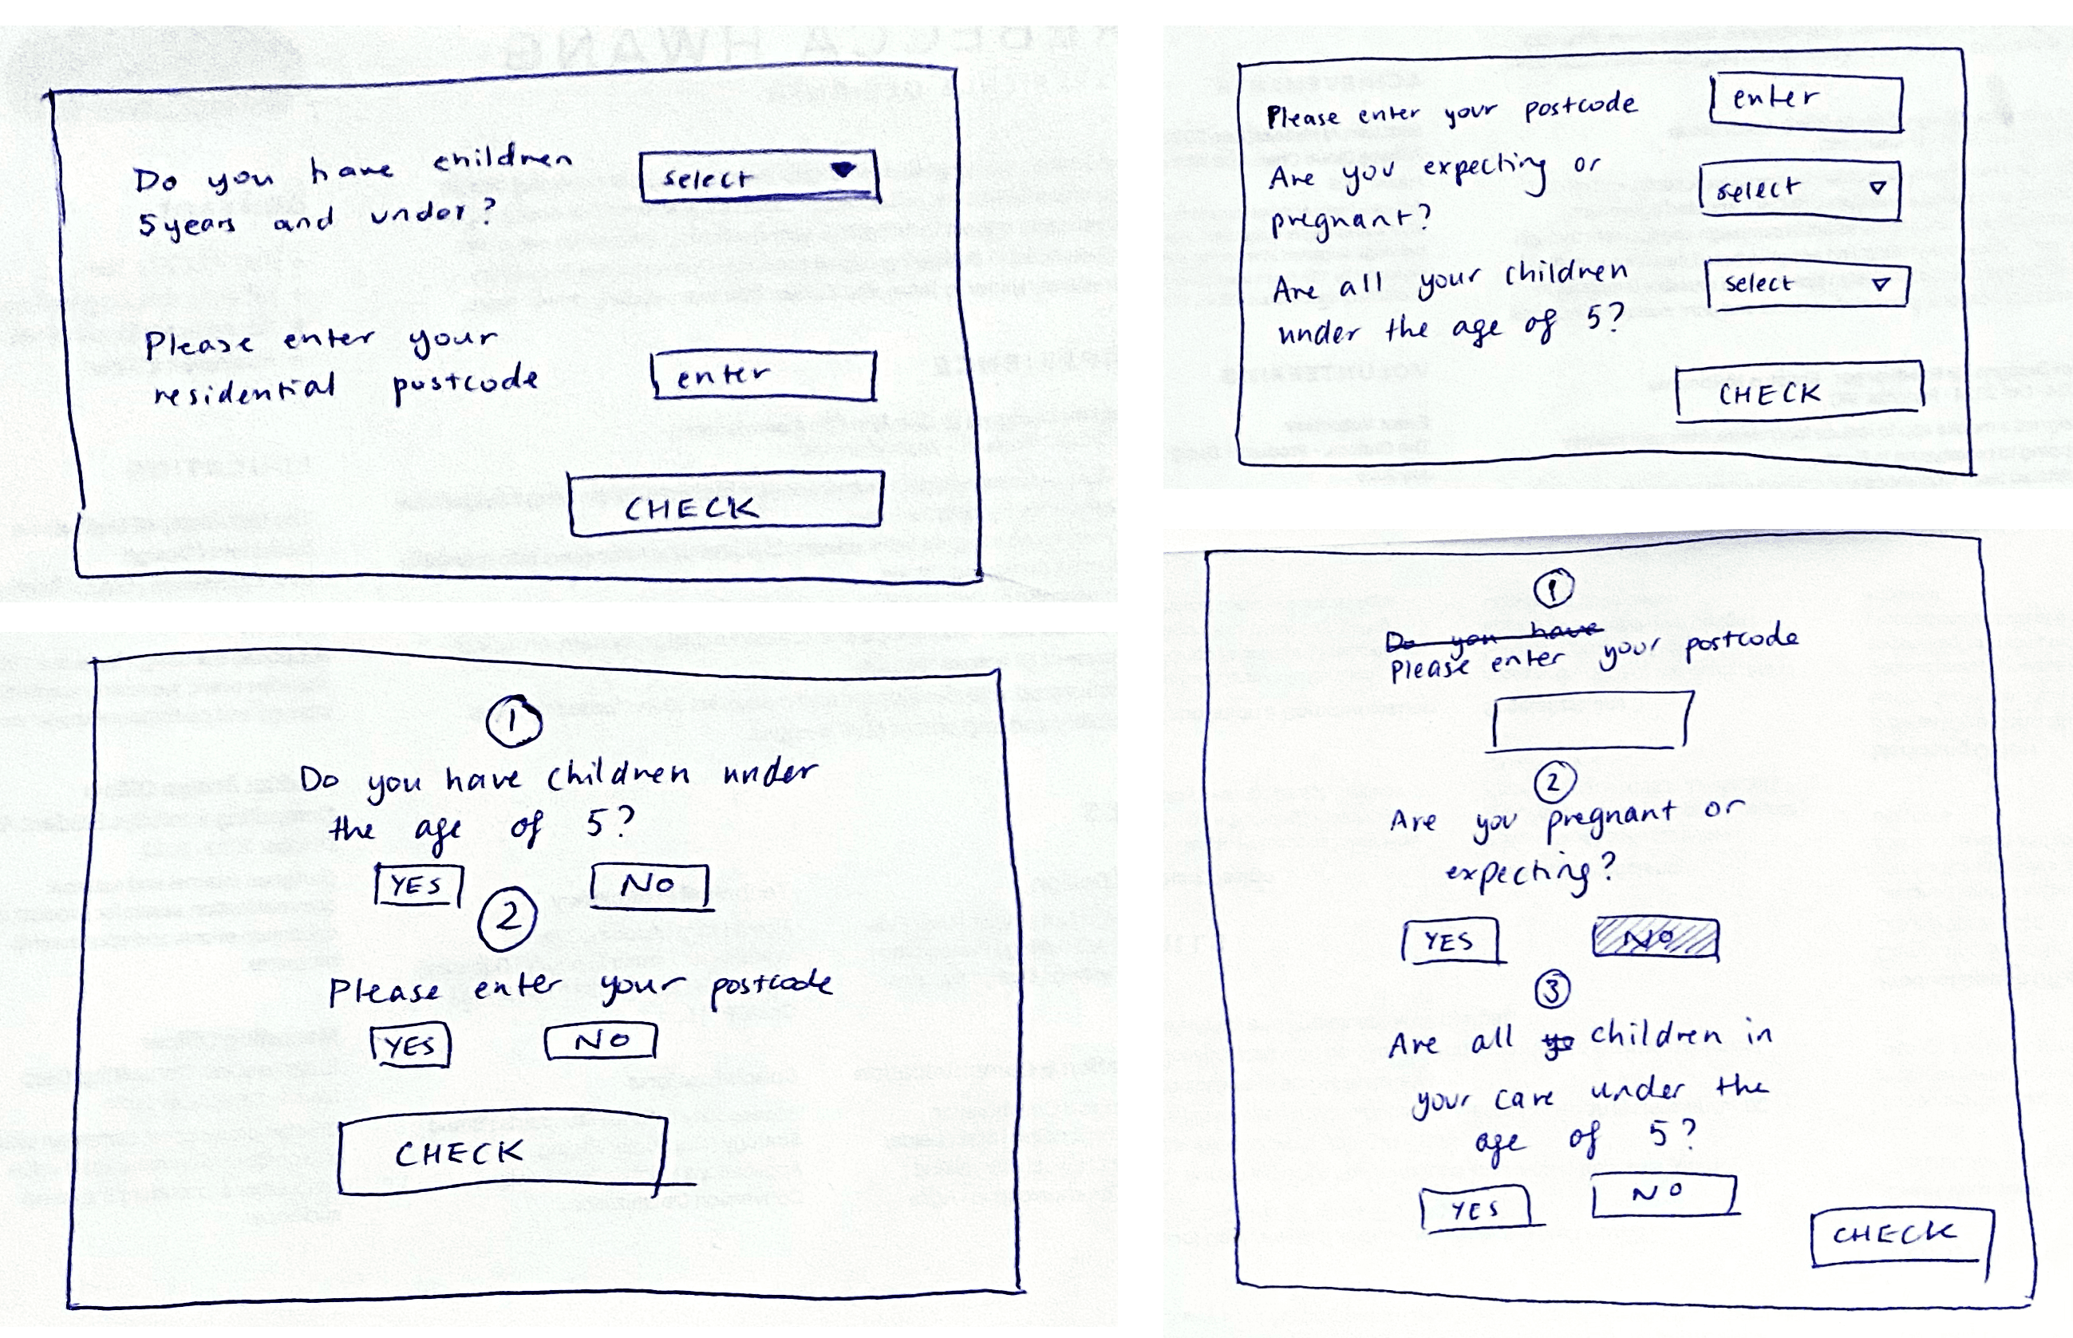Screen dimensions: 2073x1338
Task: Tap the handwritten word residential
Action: [x=244, y=389]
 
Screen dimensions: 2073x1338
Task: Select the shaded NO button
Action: [x=1655, y=939]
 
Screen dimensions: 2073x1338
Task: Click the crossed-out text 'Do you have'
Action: [x=1493, y=637]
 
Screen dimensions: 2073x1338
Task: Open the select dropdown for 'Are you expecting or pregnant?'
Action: [x=1799, y=188]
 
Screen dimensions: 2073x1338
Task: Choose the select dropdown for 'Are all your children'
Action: [x=1806, y=284]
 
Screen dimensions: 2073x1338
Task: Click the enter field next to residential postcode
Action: [x=763, y=375]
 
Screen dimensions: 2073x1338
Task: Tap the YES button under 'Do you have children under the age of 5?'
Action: [x=418, y=886]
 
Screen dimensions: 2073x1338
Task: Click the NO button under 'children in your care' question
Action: [x=1663, y=1194]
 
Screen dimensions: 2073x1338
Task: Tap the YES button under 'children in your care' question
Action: [x=1475, y=1208]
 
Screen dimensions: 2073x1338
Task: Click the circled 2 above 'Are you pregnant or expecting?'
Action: [x=1554, y=782]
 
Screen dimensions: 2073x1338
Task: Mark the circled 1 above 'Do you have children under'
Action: [x=514, y=721]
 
